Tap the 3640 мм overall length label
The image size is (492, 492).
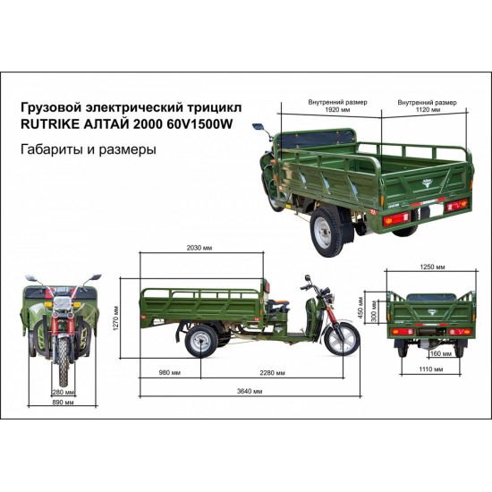point(250,391)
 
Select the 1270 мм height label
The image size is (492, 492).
point(116,318)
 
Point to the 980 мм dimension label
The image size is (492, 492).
point(170,372)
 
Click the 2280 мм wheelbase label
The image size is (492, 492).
point(272,372)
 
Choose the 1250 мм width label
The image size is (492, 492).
point(432,267)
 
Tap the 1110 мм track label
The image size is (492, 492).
point(431,369)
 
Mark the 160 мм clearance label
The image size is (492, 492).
point(441,353)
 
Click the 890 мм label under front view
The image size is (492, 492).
point(64,403)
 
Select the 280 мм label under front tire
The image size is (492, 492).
point(64,392)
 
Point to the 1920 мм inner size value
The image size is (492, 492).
point(337,110)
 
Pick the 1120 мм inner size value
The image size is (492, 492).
point(428,110)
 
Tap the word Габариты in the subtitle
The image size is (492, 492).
point(51,149)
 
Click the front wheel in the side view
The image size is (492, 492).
point(343,339)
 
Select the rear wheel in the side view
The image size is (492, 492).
point(201,342)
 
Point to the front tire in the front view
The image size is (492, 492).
point(64,361)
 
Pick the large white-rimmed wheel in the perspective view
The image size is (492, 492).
point(327,233)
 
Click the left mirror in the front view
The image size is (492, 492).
point(31,278)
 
